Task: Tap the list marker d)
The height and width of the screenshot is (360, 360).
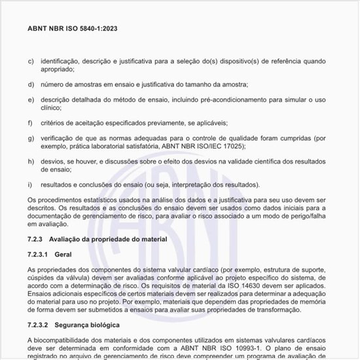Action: point(31,84)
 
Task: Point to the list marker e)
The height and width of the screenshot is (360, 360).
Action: point(31,99)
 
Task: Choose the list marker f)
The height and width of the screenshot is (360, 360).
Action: point(30,123)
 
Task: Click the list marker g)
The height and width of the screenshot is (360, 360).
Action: point(31,138)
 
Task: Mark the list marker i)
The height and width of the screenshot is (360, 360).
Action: point(30,185)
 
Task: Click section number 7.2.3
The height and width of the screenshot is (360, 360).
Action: point(36,240)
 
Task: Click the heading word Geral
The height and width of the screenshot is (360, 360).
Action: point(63,254)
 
